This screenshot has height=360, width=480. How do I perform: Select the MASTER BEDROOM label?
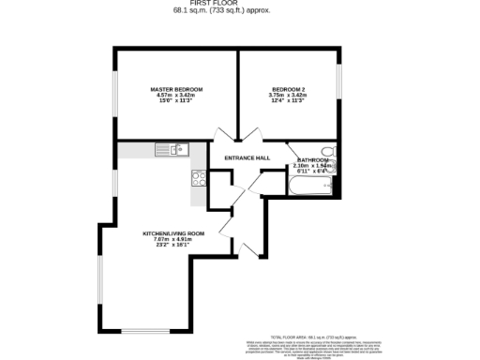pos(176,89)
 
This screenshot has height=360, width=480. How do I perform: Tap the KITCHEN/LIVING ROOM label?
pos(173,232)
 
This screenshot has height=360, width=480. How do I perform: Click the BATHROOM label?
pos(312,160)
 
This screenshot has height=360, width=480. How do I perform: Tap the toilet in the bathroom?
pos(327,151)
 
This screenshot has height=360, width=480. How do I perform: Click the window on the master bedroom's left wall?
pos(115,98)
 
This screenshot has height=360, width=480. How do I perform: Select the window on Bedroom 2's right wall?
pos(339,89)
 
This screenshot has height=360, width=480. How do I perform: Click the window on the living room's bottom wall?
pos(147,333)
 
